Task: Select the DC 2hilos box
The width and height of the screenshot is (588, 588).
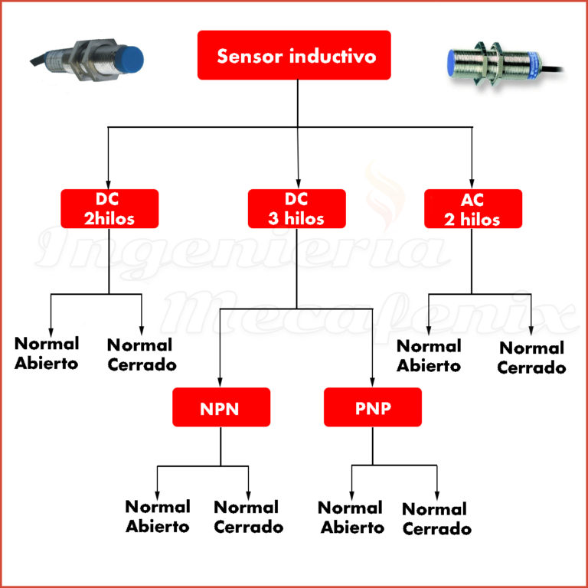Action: coord(109,208)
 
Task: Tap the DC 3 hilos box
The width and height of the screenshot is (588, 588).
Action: coord(296,208)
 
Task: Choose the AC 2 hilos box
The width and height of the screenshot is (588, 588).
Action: coord(473,208)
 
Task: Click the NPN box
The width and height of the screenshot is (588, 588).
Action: coord(221,407)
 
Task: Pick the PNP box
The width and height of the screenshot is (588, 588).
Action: coord(373,407)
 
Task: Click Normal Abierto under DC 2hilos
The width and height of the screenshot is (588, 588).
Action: coord(46,353)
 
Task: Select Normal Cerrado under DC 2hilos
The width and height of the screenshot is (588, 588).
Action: coord(140,354)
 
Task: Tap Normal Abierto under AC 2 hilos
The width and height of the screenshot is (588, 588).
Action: coord(429,356)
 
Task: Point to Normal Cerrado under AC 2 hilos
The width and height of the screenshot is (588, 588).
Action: coord(531,358)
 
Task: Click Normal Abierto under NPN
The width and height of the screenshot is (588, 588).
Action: coord(158,516)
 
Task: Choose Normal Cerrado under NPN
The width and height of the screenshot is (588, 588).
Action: coord(248,517)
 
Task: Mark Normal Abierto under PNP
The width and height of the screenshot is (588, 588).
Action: coord(351,518)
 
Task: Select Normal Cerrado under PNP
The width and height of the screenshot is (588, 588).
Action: coord(436,518)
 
